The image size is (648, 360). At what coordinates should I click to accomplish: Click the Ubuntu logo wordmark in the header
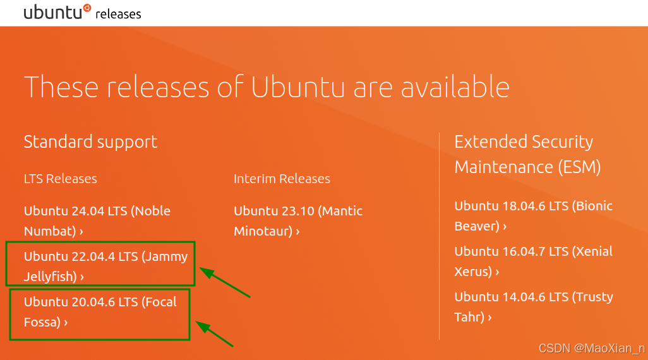tap(57, 12)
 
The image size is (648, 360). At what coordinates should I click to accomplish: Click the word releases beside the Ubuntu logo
tap(118, 14)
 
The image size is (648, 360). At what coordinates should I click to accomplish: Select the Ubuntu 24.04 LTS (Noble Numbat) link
tap(97, 220)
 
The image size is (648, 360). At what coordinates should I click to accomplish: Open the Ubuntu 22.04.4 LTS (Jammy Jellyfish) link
tap(106, 266)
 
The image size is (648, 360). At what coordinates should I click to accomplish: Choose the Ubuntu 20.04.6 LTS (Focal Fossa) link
tap(100, 311)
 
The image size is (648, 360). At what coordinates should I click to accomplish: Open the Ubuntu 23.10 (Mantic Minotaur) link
tap(298, 220)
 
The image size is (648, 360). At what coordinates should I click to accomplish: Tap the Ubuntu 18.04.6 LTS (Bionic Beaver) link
tap(533, 216)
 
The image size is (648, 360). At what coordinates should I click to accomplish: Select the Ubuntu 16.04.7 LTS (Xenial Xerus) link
tap(533, 261)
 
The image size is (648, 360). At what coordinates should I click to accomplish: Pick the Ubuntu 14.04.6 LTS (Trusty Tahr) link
tap(534, 307)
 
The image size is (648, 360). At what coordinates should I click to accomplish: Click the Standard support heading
tap(90, 141)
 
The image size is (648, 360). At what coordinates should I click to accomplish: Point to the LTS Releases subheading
tap(61, 179)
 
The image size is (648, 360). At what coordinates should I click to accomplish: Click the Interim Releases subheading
tap(282, 179)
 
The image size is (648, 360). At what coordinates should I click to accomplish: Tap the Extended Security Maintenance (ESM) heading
tap(527, 154)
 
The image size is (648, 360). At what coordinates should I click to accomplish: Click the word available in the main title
tap(455, 87)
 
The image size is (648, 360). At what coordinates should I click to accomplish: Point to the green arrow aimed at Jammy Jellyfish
tap(225, 282)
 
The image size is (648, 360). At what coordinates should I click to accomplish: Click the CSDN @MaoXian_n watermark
tap(592, 349)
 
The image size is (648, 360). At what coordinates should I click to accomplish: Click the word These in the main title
tap(61, 87)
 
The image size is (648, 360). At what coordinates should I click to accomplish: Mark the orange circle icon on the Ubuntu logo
tap(87, 8)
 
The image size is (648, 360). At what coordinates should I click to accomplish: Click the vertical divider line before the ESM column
tap(439, 236)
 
